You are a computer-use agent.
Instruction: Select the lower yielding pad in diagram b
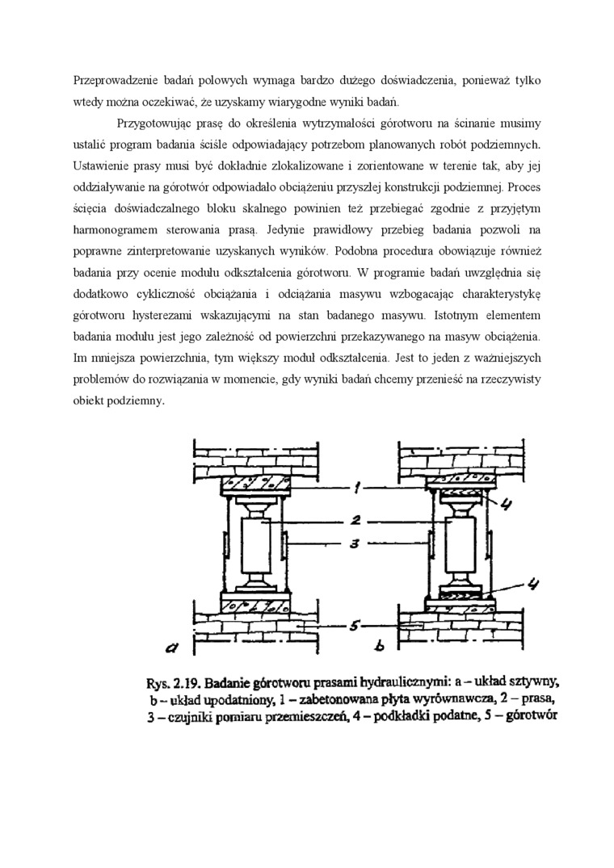460,598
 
